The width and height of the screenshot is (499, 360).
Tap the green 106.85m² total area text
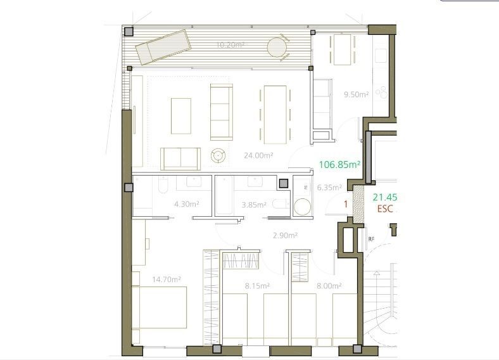pyautogui.click(x=339, y=165)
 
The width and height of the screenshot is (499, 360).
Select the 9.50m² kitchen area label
pyautogui.click(x=356, y=94)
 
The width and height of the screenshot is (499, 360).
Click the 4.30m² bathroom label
pyautogui.click(x=187, y=204)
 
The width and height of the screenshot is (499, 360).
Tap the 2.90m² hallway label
pyautogui.click(x=285, y=236)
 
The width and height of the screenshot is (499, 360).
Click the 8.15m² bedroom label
pyautogui.click(x=258, y=286)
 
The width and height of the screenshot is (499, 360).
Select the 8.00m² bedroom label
pyautogui.click(x=329, y=286)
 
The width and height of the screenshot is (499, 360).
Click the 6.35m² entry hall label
pyautogui.click(x=329, y=188)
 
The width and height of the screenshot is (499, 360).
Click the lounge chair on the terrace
pyautogui.click(x=162, y=46)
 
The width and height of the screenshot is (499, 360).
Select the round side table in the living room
pyautogui.click(x=218, y=155)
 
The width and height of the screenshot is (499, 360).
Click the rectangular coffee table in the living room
pyautogui.click(x=181, y=115)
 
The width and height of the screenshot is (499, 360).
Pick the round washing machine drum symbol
pyautogui.click(x=303, y=207)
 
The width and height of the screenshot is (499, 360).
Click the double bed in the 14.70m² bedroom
pyautogui.click(x=160, y=307)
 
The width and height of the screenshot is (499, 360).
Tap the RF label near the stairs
pyautogui.click(x=371, y=239)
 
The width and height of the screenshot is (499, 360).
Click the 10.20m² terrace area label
pyautogui.click(x=230, y=45)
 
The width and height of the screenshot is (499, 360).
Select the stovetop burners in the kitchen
pyautogui.click(x=382, y=93)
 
